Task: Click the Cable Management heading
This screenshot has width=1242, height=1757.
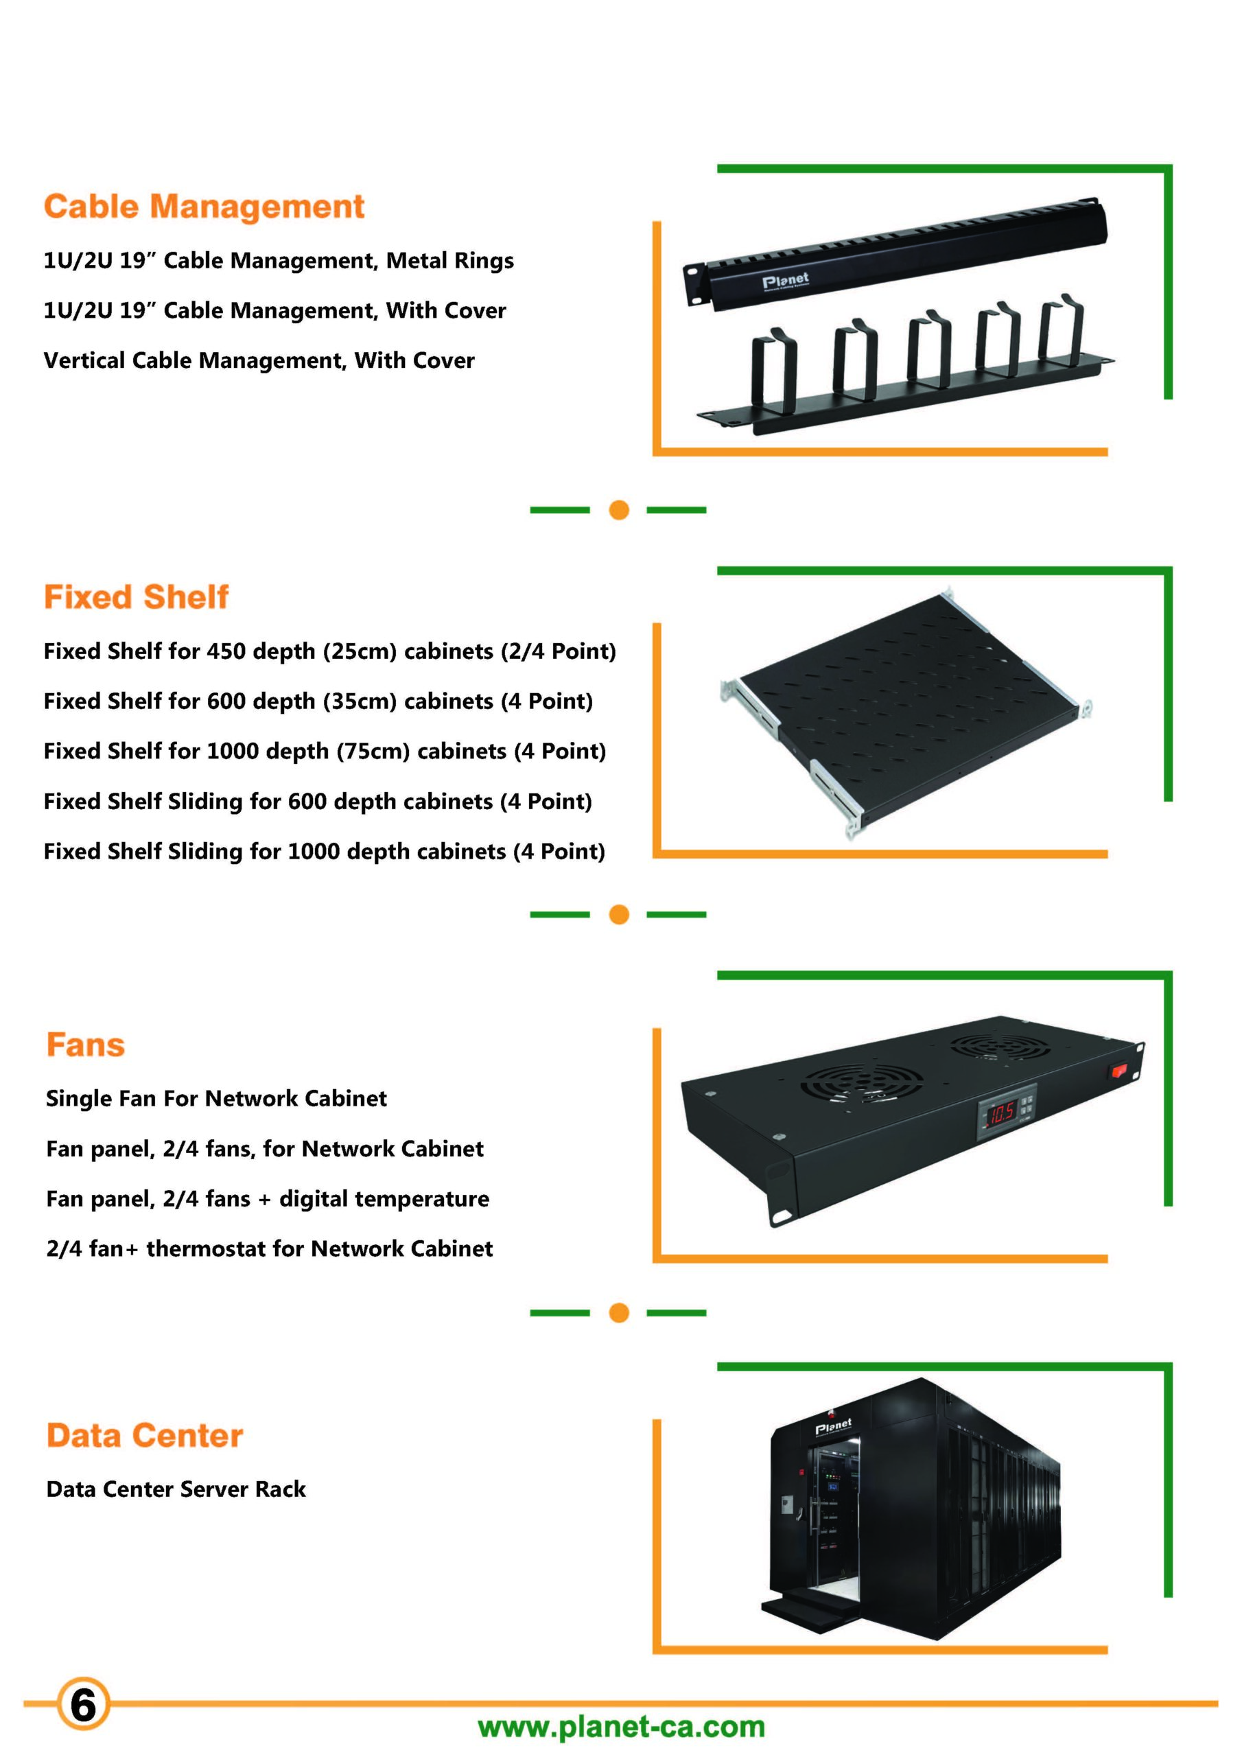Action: tap(204, 207)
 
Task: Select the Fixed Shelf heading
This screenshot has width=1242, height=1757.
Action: tap(137, 597)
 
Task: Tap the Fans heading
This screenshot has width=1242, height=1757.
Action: tap(86, 1045)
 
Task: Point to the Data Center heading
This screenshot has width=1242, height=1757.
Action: tap(145, 1436)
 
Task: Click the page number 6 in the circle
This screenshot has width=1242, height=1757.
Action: tap(82, 1705)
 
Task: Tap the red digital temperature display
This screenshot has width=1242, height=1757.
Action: tap(1000, 1114)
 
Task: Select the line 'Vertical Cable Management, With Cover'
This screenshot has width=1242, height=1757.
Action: tap(259, 360)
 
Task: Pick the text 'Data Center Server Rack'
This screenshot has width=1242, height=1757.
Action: tap(176, 1489)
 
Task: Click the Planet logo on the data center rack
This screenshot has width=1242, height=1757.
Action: tap(832, 1426)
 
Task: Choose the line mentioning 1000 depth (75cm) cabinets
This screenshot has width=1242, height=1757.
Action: tap(325, 752)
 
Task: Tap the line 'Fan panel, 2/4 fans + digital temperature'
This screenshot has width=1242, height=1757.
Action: tap(268, 1199)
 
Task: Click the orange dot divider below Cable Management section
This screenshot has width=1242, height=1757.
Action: tap(619, 510)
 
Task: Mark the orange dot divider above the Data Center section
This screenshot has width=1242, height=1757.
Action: tap(619, 1313)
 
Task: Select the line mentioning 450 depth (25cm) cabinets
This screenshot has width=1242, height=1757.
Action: tap(330, 651)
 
